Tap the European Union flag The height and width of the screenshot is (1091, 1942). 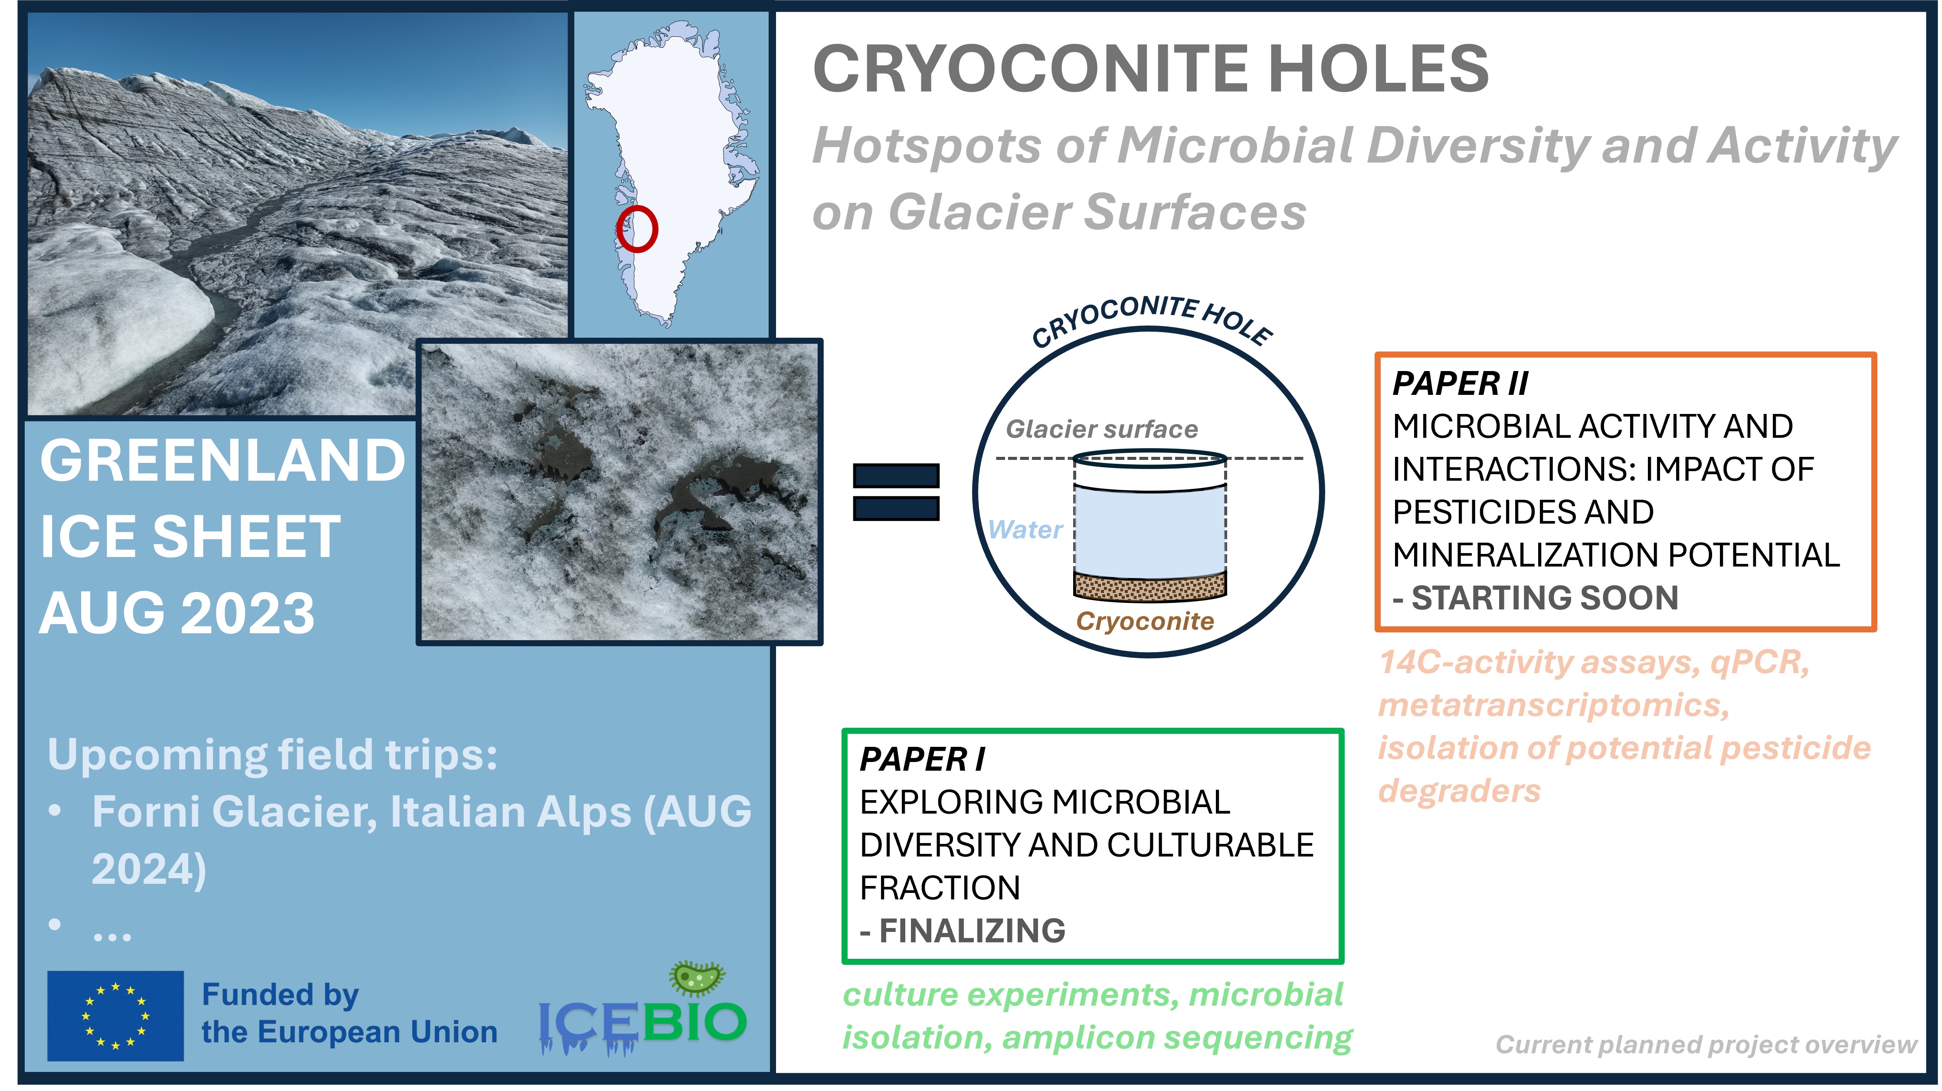(x=115, y=1016)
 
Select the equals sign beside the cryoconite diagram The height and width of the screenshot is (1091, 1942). (x=896, y=492)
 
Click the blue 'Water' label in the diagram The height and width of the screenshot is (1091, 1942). (x=1025, y=530)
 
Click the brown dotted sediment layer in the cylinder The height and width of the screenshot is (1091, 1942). (x=1149, y=586)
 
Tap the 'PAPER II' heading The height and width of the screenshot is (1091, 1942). (x=1460, y=384)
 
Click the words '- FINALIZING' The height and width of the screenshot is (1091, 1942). (x=963, y=931)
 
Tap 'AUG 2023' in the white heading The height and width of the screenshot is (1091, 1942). (x=177, y=612)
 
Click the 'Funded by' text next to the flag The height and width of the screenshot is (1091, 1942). (x=281, y=995)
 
